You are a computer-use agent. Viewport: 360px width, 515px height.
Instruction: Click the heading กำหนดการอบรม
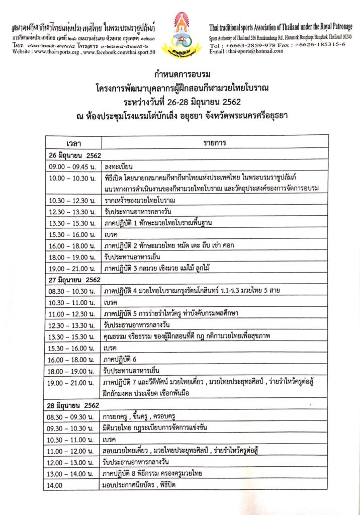coord(179,75)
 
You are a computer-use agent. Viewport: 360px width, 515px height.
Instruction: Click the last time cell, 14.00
coord(55,485)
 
